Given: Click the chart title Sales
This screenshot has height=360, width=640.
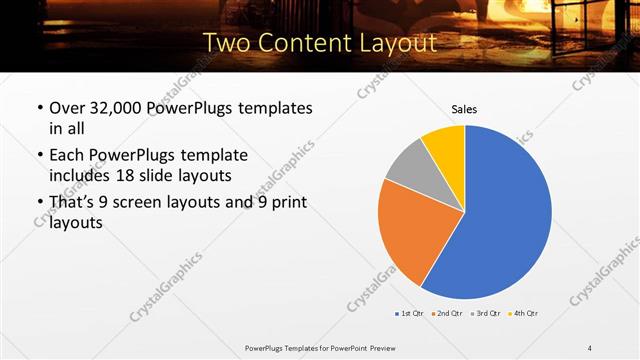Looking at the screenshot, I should (464, 108).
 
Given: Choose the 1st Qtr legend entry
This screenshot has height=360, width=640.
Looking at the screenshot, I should (410, 313).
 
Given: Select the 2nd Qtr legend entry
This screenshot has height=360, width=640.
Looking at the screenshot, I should (446, 313).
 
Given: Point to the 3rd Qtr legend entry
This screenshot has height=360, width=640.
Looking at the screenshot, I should (484, 313).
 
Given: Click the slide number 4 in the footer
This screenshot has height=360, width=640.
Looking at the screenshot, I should (590, 347).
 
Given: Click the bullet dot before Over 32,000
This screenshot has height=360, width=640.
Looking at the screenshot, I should (39, 107).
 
